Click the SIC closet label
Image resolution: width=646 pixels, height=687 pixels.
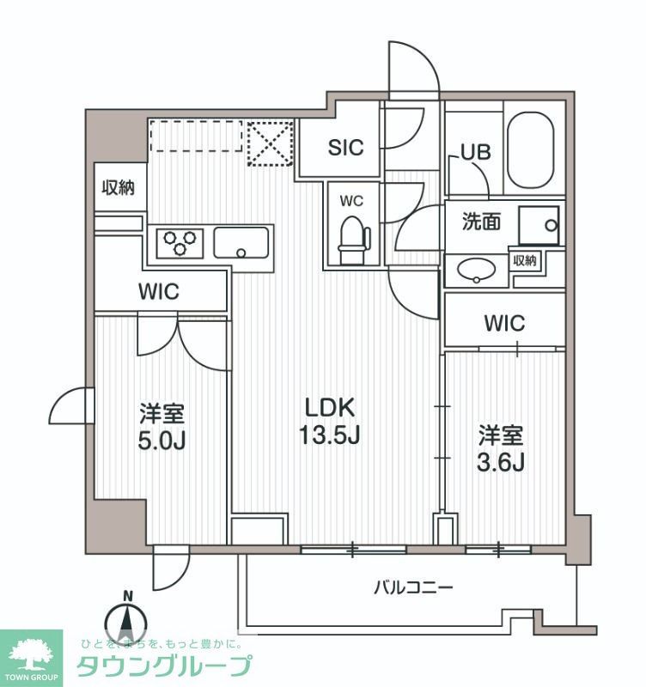pyautogui.click(x=345, y=147)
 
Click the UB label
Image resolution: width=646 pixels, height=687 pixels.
pyautogui.click(x=475, y=152)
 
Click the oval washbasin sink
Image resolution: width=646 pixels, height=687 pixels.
pyautogui.click(x=475, y=271)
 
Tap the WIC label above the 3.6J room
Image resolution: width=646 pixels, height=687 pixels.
pyautogui.click(x=503, y=323)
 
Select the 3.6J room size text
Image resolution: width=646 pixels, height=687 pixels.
pyautogui.click(x=501, y=462)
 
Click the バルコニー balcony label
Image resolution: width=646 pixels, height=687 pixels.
pyautogui.click(x=412, y=588)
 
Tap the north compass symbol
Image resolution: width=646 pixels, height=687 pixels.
pyautogui.click(x=127, y=622)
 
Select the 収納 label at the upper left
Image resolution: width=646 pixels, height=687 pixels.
pyautogui.click(x=119, y=187)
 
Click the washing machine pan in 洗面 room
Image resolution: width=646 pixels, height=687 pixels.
pyautogui.click(x=539, y=225)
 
